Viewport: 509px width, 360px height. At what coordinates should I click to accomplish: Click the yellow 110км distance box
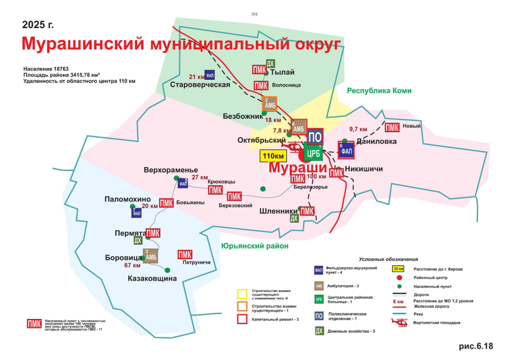pos(272,156)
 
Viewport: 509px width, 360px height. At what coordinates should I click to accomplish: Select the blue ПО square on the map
pos(316,137)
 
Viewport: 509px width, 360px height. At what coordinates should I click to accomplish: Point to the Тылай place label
pos(282,72)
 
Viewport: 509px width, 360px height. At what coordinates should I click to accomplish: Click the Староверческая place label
pos(200,85)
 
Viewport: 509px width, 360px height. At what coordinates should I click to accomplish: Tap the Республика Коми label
pos(379,91)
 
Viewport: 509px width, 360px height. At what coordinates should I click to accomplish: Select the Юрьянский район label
pos(254,246)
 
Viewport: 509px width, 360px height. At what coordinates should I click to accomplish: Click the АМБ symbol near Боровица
pos(150,256)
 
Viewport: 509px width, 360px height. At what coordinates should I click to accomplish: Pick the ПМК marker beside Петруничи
pos(184,255)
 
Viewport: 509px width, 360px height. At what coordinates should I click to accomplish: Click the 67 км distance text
pos(132,265)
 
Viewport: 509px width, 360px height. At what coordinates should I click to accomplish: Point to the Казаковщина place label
pos(152,278)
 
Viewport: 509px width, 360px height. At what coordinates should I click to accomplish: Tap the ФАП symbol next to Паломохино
pos(137,212)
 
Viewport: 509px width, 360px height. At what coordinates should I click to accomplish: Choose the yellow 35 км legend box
pos(399,269)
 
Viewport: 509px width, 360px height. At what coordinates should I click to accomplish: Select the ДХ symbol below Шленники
pos(294,219)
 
